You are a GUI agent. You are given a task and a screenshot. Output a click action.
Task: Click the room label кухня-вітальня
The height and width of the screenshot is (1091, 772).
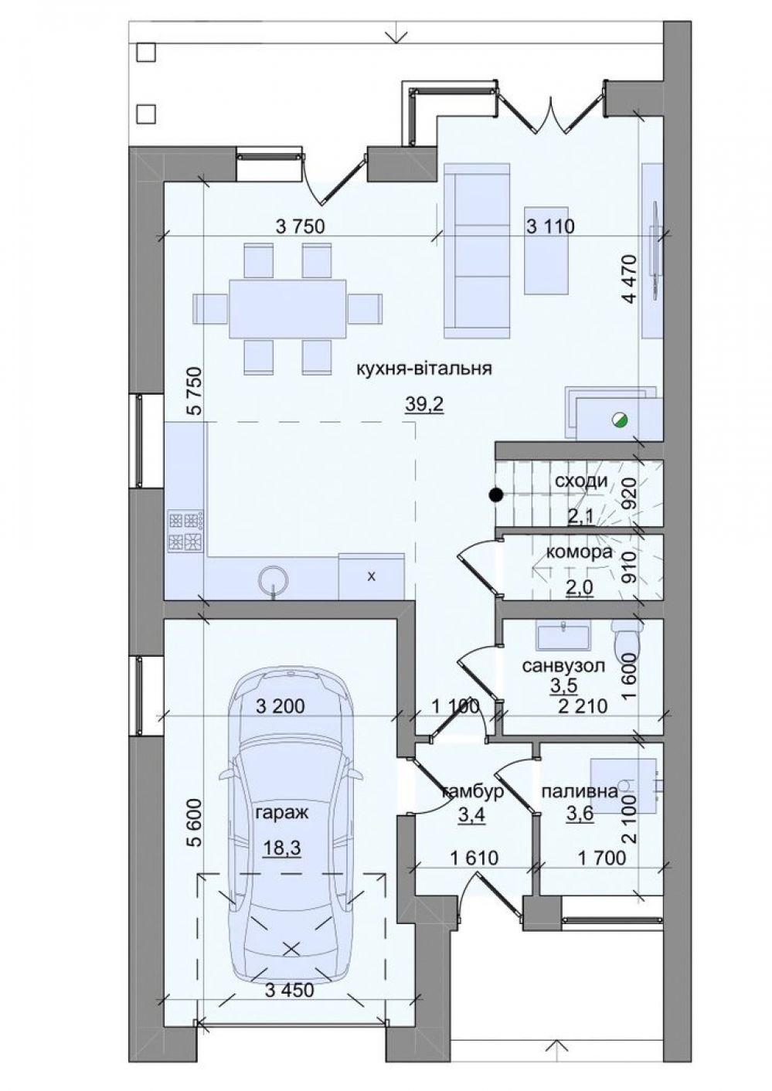tap(424, 369)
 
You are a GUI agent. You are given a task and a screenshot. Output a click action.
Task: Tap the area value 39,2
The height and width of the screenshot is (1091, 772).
tap(424, 404)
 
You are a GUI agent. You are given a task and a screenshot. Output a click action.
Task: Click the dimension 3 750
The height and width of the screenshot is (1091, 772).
tap(300, 226)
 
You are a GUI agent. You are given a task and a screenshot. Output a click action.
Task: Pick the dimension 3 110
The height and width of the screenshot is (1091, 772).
tap(550, 226)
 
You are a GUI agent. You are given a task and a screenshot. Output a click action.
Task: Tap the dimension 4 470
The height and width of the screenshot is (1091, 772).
tap(631, 279)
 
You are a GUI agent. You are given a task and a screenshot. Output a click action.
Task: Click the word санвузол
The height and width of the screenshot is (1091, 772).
tap(563, 665)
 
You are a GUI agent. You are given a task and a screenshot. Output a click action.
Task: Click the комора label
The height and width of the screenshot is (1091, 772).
tap(579, 552)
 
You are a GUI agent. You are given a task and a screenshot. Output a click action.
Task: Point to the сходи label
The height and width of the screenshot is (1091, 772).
tap(582, 481)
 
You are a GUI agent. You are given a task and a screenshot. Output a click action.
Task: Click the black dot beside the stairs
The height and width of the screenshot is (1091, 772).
tap(496, 495)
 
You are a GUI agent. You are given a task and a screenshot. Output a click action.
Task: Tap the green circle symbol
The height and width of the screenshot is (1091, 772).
tap(620, 418)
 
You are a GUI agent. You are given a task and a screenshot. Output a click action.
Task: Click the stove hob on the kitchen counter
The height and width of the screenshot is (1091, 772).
tap(185, 531)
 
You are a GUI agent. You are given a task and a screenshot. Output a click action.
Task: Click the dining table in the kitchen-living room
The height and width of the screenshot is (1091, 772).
tap(287, 308)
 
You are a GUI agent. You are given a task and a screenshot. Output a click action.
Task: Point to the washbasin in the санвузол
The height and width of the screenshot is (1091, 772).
tap(563, 635)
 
